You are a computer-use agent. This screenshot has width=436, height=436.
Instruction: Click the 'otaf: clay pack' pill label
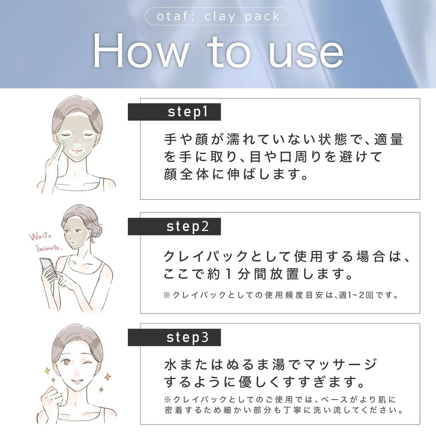click(x=218, y=16)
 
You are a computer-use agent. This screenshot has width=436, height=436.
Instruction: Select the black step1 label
click(x=174, y=112)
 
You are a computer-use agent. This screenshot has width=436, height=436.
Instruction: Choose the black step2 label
click(x=174, y=227)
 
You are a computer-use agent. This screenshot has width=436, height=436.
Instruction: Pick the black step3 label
click(x=174, y=337)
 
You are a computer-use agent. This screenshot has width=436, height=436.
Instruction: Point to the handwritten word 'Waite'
click(x=40, y=236)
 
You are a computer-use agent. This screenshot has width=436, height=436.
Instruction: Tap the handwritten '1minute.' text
click(x=49, y=248)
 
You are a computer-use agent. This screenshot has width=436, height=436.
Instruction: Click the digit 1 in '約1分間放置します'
click(x=229, y=274)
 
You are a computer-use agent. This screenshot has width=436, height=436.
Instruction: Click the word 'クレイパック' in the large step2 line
click(x=206, y=256)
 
